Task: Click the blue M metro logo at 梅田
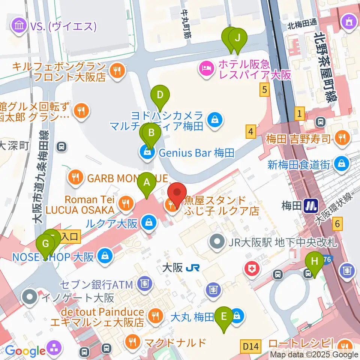(311, 205)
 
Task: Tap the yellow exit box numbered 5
(265, 90)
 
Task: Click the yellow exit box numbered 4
(251, 131)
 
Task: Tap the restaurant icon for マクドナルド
(132, 342)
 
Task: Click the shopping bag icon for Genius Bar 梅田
(146, 153)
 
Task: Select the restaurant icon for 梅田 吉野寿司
(342, 138)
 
